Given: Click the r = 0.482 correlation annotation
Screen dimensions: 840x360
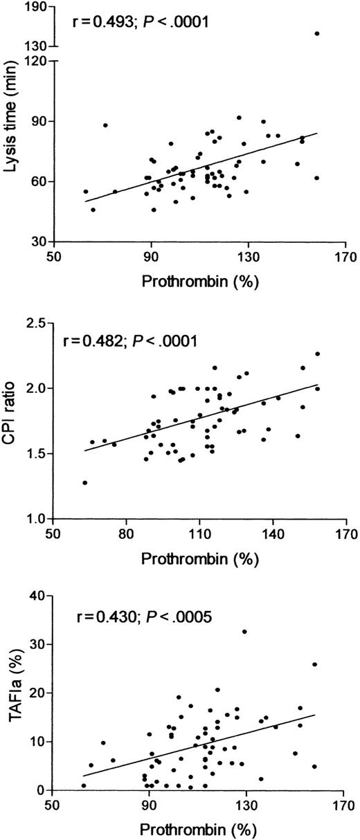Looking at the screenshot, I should [129, 341].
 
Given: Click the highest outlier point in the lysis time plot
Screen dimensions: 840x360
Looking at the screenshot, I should [317, 33].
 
